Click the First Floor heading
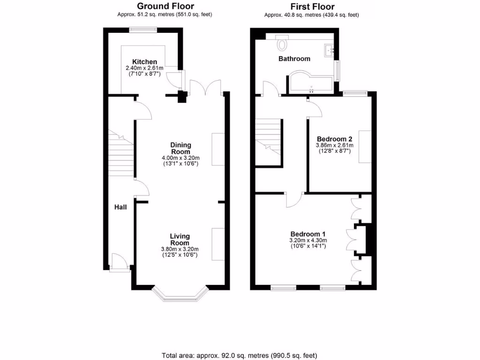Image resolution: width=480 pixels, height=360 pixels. pos(312,7)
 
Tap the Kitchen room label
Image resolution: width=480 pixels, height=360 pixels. pos(144,62)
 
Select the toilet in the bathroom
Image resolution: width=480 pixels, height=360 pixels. pos(282,44)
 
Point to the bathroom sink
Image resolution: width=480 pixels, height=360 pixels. pos(329,50)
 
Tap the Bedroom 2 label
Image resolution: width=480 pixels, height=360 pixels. pos(334,139)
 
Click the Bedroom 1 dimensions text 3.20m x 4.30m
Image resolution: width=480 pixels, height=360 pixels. pos(307,241)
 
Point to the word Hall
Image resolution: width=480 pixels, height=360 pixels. pos(120,207)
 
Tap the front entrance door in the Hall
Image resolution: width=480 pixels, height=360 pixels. pos(119,262)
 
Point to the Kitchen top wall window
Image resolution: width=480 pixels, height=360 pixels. pos(143,30)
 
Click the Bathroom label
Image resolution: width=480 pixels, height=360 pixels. pos(294,59)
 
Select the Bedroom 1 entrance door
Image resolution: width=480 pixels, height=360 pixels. pos(293,199)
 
